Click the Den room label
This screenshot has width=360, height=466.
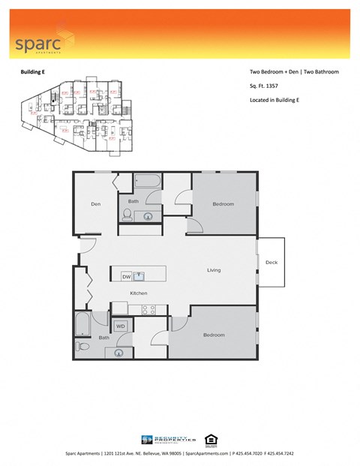96,204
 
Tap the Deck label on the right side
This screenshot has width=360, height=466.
271,262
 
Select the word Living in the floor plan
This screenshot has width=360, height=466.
214,270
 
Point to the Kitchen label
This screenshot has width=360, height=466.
139,293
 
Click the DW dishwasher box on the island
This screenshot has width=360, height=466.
126,277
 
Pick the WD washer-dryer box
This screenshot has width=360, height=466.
121,326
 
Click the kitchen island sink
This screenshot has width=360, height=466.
139,276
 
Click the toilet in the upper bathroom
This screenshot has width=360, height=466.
127,215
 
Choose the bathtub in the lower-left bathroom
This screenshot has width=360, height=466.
81,324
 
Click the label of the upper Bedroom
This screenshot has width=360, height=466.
223,204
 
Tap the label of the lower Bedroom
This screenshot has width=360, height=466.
214,335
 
